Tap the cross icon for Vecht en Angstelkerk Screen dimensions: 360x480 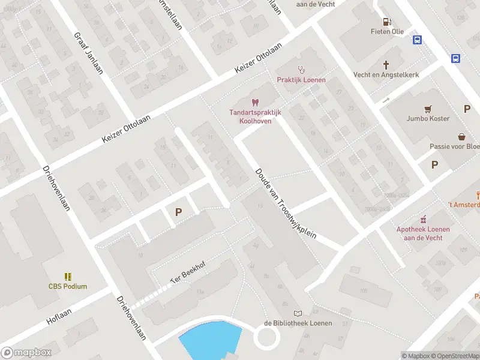pyautogui.click(x=386, y=64)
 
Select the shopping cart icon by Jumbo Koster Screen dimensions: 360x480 pyautogui.click(x=427, y=109)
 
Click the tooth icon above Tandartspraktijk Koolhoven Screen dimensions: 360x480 pyautogui.click(x=254, y=103)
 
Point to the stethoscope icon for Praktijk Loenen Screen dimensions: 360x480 pyautogui.click(x=301, y=70)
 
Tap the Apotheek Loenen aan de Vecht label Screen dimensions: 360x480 pyautogui.click(x=422, y=233)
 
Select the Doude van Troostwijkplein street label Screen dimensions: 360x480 pyautogui.click(x=286, y=203)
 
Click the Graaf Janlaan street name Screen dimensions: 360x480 pyautogui.click(x=88, y=53)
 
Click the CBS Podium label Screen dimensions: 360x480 pyautogui.click(x=68, y=286)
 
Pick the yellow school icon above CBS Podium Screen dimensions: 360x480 pyautogui.click(x=68, y=277)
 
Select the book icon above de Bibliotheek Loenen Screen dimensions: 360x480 pyautogui.click(x=298, y=313)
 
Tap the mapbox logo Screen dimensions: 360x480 pyautogui.click(x=26, y=352)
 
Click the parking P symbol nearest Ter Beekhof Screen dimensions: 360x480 pyautogui.click(x=178, y=212)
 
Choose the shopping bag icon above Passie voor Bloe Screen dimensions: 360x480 pyautogui.click(x=461, y=136)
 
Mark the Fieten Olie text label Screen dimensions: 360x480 pyautogui.click(x=386, y=31)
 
